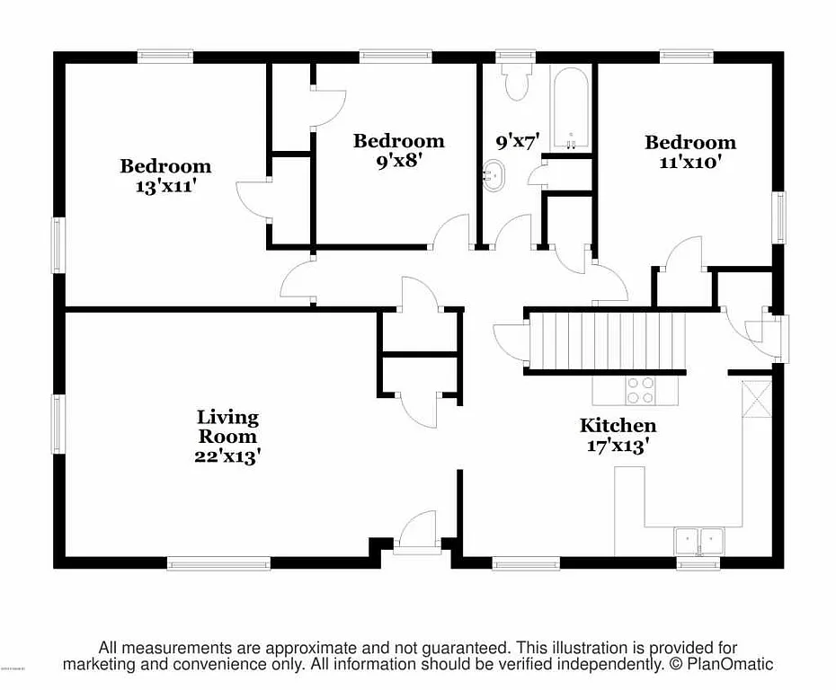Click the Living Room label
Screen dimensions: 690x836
tap(227, 427)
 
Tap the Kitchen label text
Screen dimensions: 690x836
tap(618, 425)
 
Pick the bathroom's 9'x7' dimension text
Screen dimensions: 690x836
tap(517, 141)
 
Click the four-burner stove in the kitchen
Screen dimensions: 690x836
tap(640, 390)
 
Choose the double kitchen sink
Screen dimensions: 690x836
tap(699, 540)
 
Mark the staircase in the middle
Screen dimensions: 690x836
tap(605, 341)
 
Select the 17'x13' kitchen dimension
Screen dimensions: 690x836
tap(618, 447)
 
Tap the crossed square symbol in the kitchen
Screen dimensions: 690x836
tap(755, 396)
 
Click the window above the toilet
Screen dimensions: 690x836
tap(516, 56)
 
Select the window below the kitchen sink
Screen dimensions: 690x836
tap(698, 564)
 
